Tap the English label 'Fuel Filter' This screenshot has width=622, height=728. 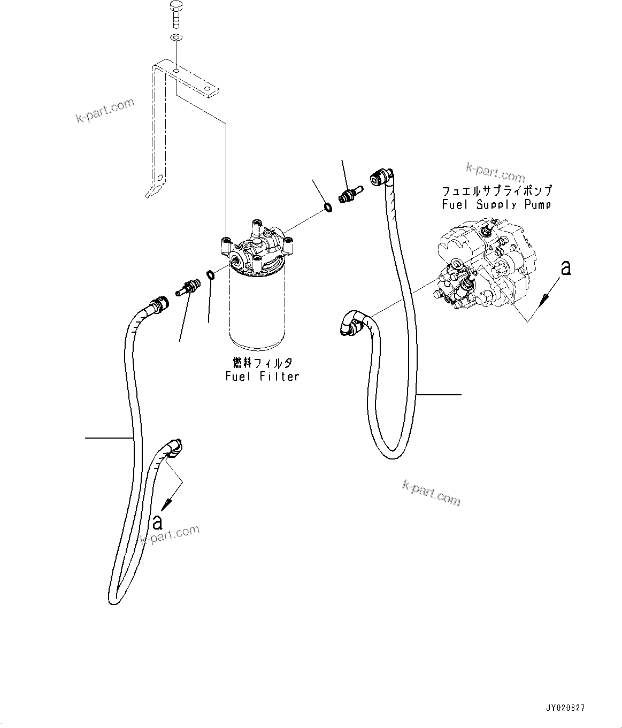[x=262, y=377]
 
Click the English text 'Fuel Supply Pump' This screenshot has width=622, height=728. [x=496, y=204]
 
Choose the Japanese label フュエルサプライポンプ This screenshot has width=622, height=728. [x=496, y=191]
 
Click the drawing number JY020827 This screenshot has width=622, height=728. [x=565, y=708]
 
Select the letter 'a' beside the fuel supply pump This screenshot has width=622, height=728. [x=565, y=268]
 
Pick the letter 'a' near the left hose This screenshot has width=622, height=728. [x=157, y=522]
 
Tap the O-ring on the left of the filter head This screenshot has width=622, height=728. [x=211, y=275]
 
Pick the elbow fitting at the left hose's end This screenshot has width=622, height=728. [x=174, y=447]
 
